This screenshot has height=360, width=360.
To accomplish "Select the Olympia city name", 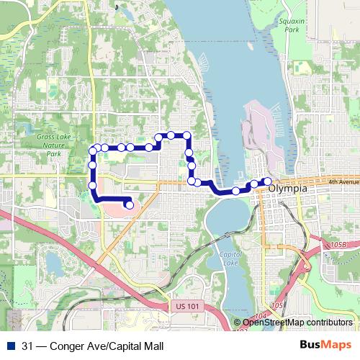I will coord(288,189).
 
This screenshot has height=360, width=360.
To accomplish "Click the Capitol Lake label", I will coord(230,258).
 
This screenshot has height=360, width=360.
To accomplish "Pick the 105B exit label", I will coord(339,245).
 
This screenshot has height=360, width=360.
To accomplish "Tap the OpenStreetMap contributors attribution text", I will coord(297,323).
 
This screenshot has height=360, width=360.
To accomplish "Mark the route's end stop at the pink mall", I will coord(129,205).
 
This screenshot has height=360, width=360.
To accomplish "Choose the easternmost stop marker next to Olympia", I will coord(268,181).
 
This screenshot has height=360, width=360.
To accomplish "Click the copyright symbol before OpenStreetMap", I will coord(238,323).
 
